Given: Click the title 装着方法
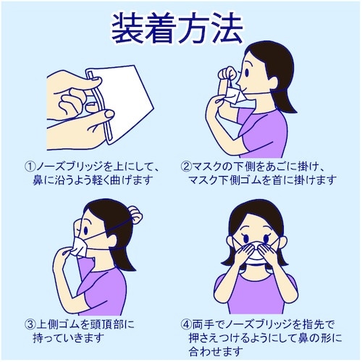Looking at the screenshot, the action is (177, 28).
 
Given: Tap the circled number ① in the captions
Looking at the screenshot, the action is (30, 167).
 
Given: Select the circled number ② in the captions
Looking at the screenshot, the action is (186, 167).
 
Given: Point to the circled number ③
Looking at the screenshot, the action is (30, 324).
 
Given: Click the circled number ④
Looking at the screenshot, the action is (186, 324).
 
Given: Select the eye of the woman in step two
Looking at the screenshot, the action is (247, 72).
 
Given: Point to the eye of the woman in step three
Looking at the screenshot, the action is (85, 230).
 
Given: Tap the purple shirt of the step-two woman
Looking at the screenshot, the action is (262, 132).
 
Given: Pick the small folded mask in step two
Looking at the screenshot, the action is (235, 96).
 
